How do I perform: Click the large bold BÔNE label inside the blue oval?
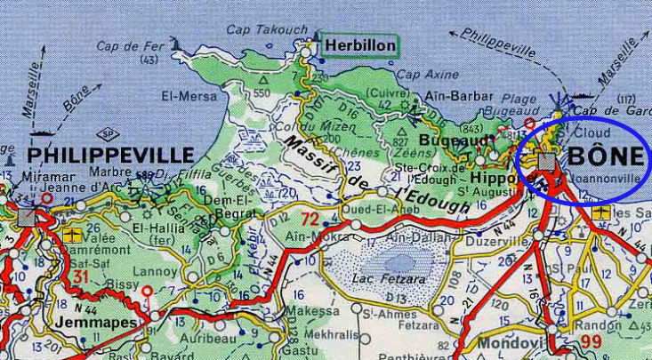point(605,156)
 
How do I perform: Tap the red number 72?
point(309,218)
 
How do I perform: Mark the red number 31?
point(81,278)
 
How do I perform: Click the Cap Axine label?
point(420,76)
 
